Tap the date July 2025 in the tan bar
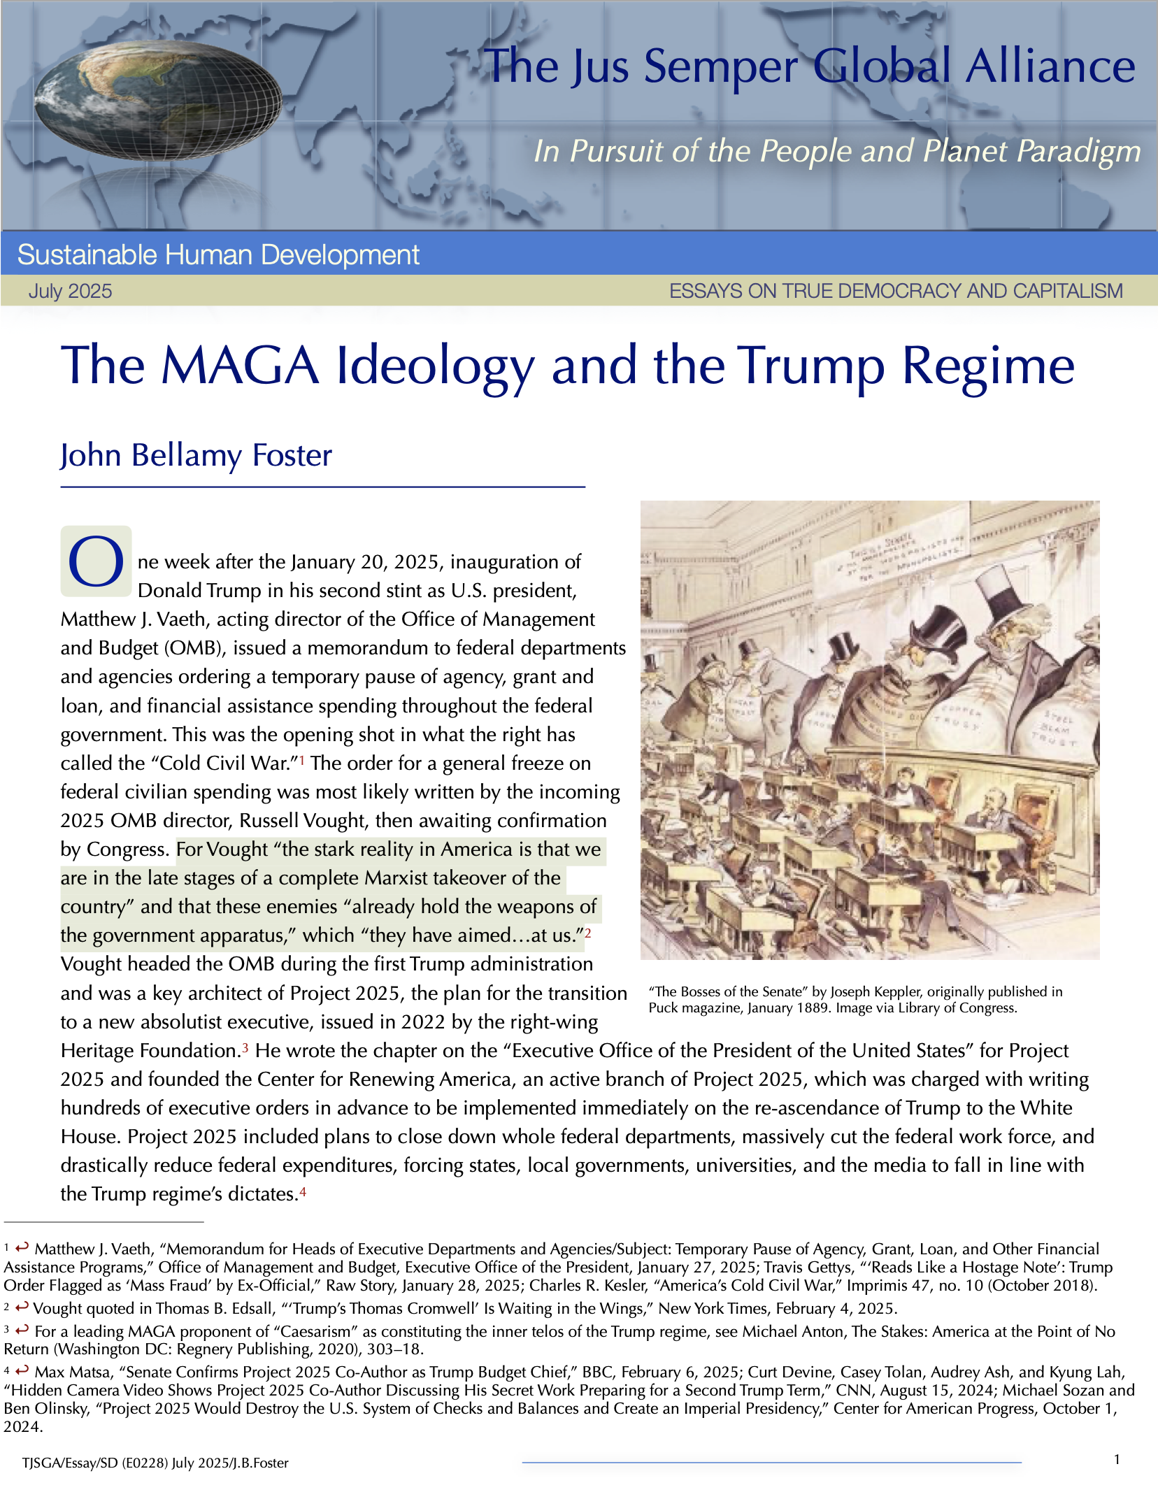coord(70,291)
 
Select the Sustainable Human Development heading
coord(218,255)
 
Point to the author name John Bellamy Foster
coord(196,455)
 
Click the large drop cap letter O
coord(96,561)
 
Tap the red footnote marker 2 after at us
coord(588,932)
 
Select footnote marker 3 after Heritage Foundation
coord(245,1047)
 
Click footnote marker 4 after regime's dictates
coord(303,1191)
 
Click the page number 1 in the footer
coord(1117,1458)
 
